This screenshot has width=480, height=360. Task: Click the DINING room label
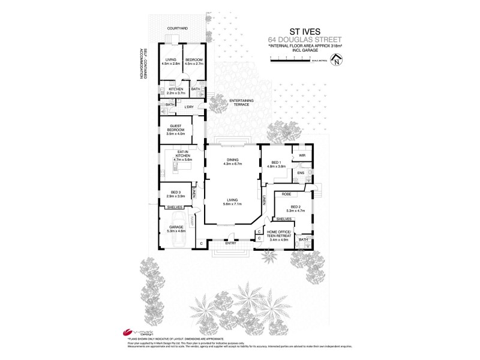tap(232, 160)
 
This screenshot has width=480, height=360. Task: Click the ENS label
tap(301, 173)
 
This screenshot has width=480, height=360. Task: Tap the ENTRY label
tap(230, 243)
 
